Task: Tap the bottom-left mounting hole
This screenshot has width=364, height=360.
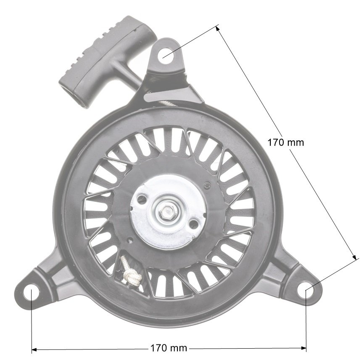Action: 31,291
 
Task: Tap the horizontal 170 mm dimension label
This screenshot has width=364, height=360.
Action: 169,348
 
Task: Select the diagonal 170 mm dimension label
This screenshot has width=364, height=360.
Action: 285,143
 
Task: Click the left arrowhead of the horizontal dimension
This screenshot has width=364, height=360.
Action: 34,349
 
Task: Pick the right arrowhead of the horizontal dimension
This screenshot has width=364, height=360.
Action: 303,348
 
